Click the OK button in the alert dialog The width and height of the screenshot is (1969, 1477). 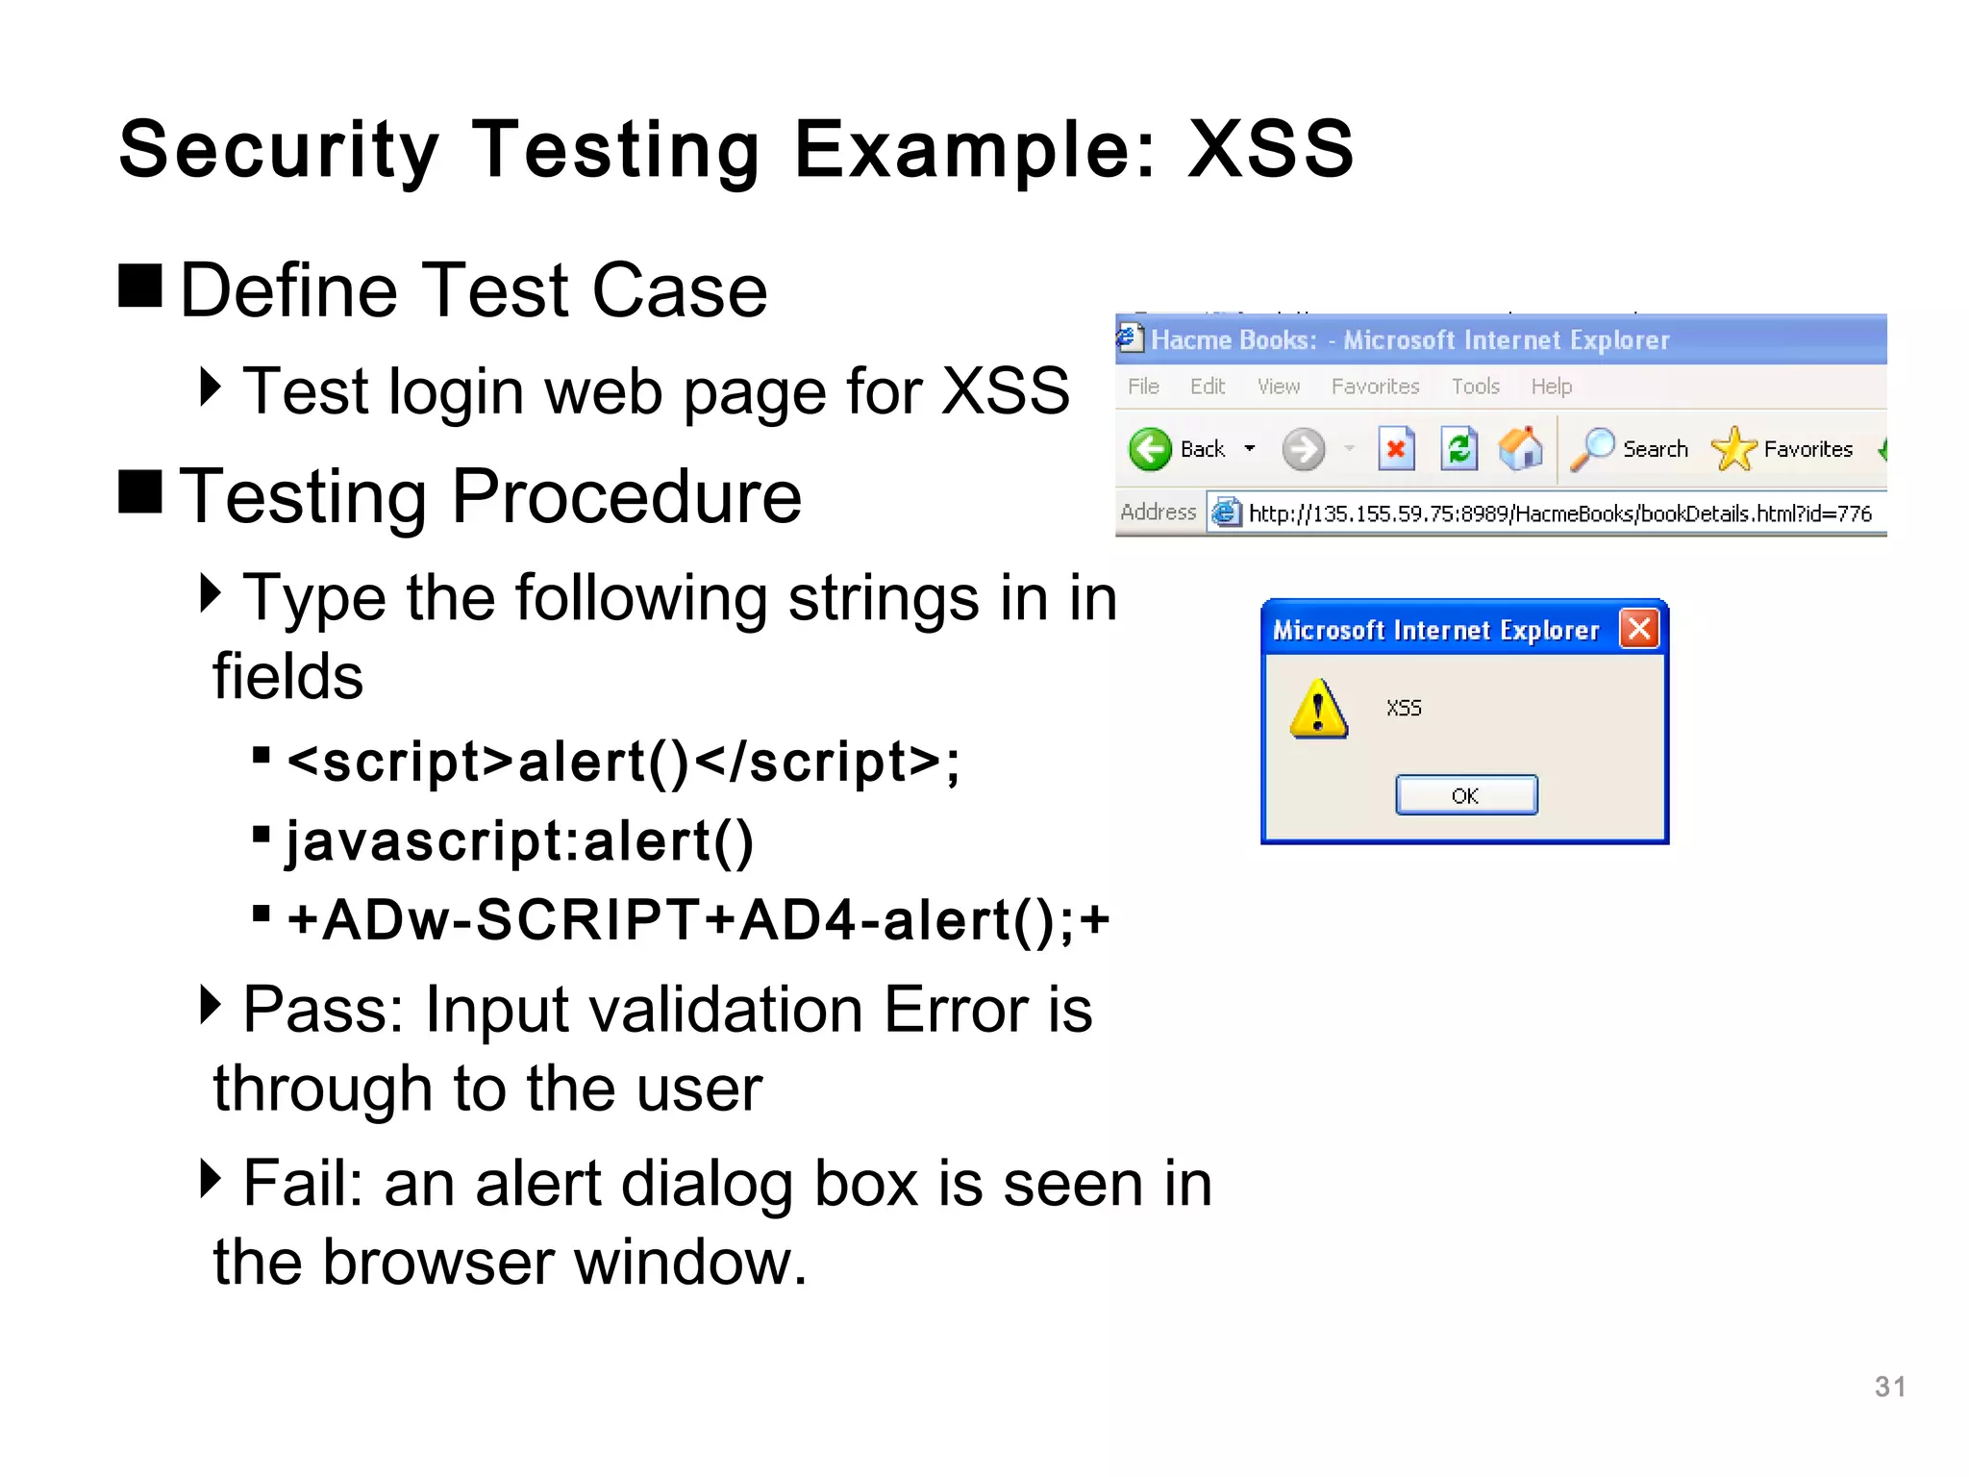pyautogui.click(x=1465, y=795)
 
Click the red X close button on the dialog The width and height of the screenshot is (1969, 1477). pyautogui.click(x=1639, y=629)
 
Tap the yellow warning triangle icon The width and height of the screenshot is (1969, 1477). pyautogui.click(x=1318, y=710)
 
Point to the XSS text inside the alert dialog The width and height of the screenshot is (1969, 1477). pyautogui.click(x=1404, y=709)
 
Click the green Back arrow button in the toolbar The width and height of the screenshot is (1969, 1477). pyautogui.click(x=1150, y=449)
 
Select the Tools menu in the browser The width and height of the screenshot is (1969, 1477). pyautogui.click(x=1475, y=387)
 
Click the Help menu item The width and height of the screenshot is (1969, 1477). pyautogui.click(x=1551, y=387)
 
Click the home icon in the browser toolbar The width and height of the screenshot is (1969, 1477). pyautogui.click(x=1521, y=449)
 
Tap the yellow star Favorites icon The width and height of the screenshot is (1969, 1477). pyautogui.click(x=1732, y=449)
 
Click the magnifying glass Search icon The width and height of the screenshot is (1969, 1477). pyautogui.click(x=1592, y=449)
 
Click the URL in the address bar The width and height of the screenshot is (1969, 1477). pyautogui.click(x=1558, y=513)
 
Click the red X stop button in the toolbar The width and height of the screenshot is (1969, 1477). pyautogui.click(x=1396, y=449)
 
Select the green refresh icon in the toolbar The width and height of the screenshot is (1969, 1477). pyautogui.click(x=1458, y=449)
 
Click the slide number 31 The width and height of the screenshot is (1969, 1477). pyautogui.click(x=1889, y=1387)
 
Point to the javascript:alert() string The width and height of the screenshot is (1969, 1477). pyautogui.click(x=519, y=841)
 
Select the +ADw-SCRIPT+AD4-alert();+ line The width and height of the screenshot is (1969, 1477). pyautogui.click(x=698, y=920)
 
